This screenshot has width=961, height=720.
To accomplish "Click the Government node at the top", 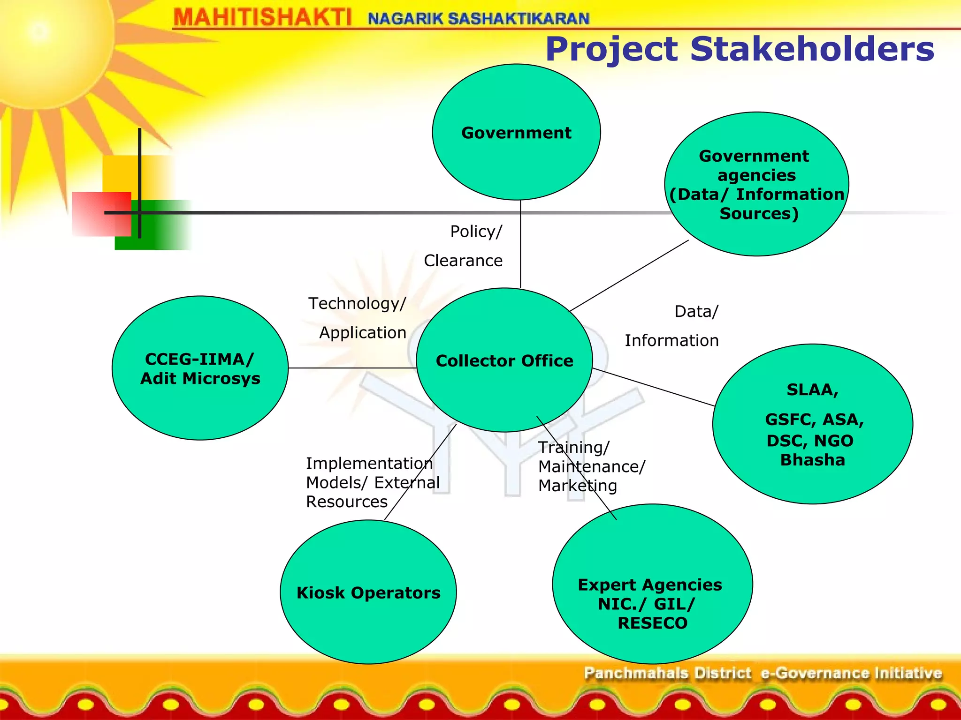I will (x=516, y=132).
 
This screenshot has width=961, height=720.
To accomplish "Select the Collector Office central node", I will (x=504, y=360).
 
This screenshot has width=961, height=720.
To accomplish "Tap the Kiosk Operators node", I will (x=368, y=592).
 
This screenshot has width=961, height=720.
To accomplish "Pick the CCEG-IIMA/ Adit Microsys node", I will (x=200, y=368).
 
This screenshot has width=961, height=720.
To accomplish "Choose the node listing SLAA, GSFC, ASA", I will (x=813, y=424).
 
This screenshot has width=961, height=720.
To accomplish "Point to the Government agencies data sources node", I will (x=756, y=184).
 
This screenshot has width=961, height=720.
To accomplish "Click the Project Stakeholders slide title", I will (x=740, y=49).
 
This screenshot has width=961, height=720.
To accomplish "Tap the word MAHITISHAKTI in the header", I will (x=262, y=18).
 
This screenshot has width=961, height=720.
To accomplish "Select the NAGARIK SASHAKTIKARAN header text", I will (x=479, y=19).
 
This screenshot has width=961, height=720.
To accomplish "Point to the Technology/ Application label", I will (x=358, y=318).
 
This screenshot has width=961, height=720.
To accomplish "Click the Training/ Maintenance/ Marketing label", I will (x=591, y=466).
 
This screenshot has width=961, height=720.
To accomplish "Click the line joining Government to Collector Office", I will (x=520, y=244).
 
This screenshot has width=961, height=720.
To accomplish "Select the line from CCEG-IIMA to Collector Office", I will (x=352, y=368).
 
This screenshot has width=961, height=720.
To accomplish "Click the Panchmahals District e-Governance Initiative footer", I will (x=763, y=673).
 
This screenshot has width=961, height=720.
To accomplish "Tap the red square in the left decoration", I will (x=101, y=213).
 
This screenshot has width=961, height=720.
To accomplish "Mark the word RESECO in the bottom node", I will (x=652, y=623).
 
